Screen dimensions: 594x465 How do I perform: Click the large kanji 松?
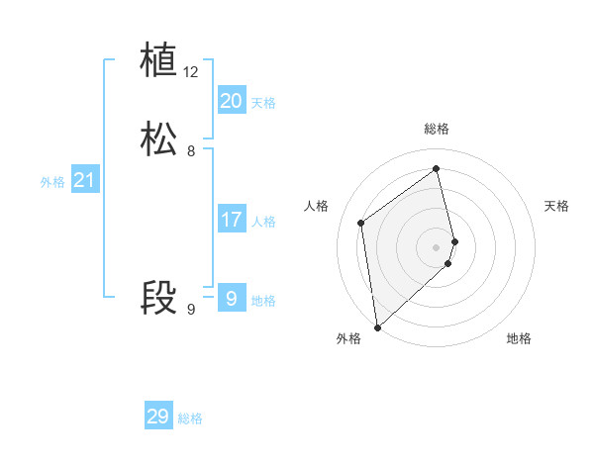pyautogui.click(x=158, y=139)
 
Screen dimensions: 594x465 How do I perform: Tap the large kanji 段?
pyautogui.click(x=158, y=298)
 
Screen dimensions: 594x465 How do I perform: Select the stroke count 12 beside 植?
pyautogui.click(x=191, y=72)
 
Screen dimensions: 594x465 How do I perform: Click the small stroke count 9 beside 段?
pyautogui.click(x=191, y=310)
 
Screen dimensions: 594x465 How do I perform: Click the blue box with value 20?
pyautogui.click(x=231, y=101)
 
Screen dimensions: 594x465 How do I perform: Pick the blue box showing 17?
pyautogui.click(x=231, y=220)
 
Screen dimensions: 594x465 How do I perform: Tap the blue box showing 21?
pyautogui.click(x=84, y=180)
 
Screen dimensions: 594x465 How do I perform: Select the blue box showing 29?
pyautogui.click(x=158, y=417)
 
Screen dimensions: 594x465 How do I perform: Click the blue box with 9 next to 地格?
pyautogui.click(x=231, y=298)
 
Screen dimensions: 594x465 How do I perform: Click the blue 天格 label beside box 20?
pyautogui.click(x=263, y=103)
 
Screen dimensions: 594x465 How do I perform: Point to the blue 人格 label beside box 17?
pyautogui.click(x=263, y=222)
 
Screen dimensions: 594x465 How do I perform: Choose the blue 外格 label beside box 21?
pyautogui.click(x=52, y=182)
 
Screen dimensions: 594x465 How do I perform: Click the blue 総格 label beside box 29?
pyautogui.click(x=190, y=418)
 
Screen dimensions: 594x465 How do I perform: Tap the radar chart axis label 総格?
pyautogui.click(x=437, y=129)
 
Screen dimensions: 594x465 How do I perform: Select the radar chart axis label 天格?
pyautogui.click(x=556, y=206)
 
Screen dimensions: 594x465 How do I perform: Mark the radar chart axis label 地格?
pyautogui.click(x=519, y=338)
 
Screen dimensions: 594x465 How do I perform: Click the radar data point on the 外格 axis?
pyautogui.click(x=376, y=326)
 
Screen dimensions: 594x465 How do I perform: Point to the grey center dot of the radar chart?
pyautogui.click(x=437, y=245)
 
